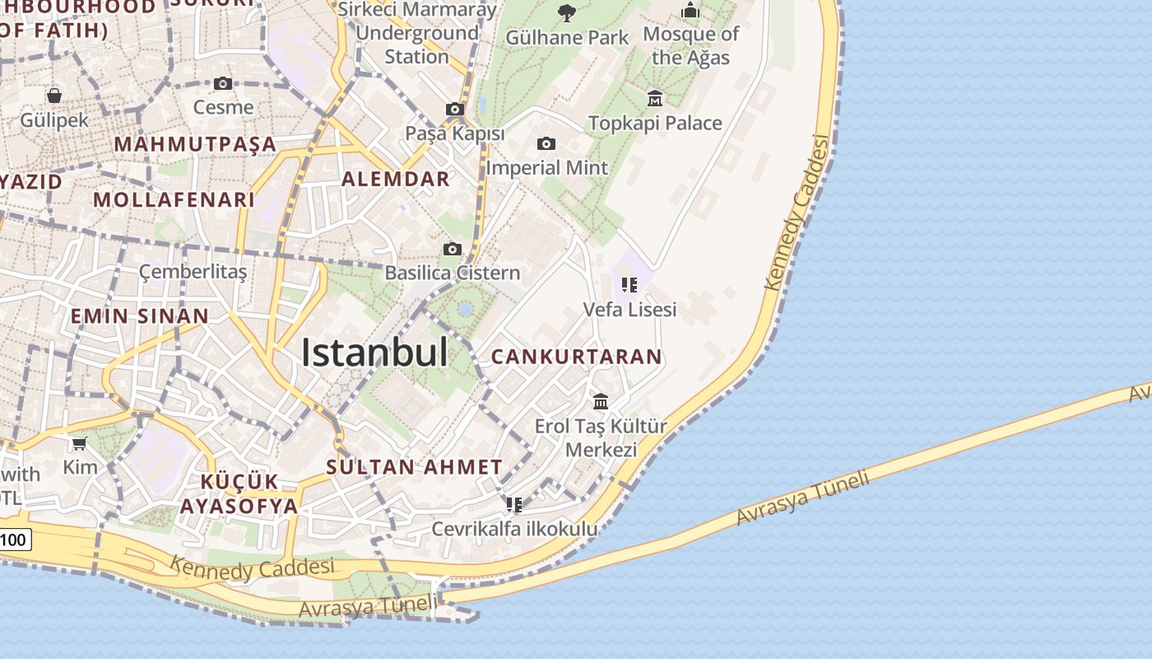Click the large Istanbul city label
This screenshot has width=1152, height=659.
pyautogui.click(x=374, y=353)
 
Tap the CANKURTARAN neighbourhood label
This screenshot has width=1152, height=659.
pyautogui.click(x=576, y=357)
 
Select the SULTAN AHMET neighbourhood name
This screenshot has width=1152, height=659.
pyautogui.click(x=414, y=467)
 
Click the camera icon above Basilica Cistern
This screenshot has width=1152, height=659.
pyautogui.click(x=452, y=249)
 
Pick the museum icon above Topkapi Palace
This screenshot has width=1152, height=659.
pyautogui.click(x=655, y=99)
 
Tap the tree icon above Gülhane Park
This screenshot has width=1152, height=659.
pyautogui.click(x=566, y=12)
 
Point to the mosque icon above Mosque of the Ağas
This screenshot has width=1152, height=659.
pyautogui.click(x=690, y=11)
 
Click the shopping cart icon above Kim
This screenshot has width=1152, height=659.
pyautogui.click(x=79, y=444)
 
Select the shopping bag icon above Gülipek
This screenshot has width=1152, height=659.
pyautogui.click(x=54, y=96)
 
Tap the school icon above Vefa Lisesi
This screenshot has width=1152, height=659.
pyautogui.click(x=629, y=285)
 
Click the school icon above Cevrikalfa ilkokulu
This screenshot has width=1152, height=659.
pyautogui.click(x=514, y=504)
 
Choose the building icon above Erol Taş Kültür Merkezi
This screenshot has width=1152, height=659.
pyautogui.click(x=601, y=402)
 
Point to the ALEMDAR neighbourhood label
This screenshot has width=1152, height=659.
pyautogui.click(x=396, y=179)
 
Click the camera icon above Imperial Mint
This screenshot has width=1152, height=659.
pyautogui.click(x=546, y=143)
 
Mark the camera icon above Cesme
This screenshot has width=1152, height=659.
pyautogui.click(x=223, y=83)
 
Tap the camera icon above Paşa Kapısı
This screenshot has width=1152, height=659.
pyautogui.click(x=454, y=109)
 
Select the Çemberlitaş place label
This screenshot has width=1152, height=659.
pyautogui.click(x=193, y=272)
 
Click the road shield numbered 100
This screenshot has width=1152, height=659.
pyautogui.click(x=14, y=540)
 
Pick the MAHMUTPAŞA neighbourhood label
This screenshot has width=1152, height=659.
pyautogui.click(x=195, y=144)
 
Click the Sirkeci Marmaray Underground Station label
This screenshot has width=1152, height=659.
pyautogui.click(x=419, y=33)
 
